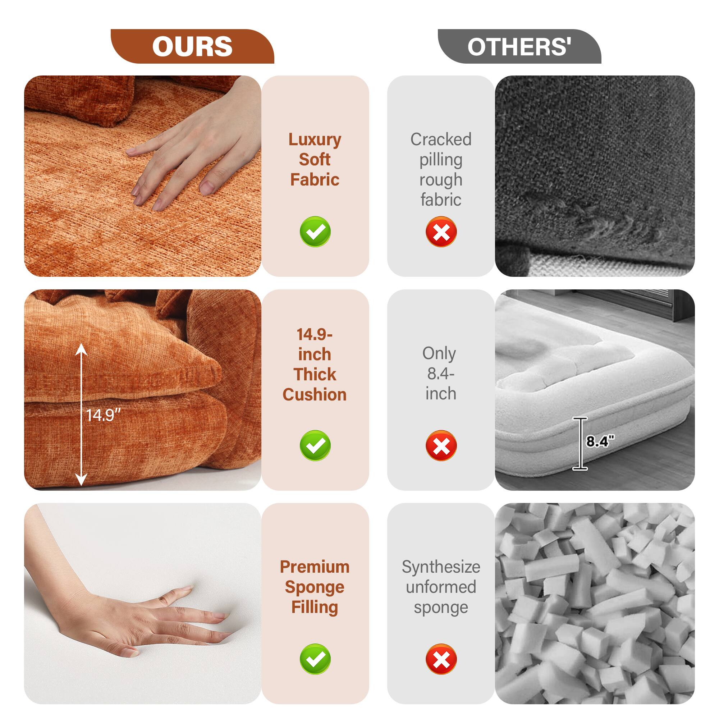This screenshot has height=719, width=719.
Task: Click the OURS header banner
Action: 192,46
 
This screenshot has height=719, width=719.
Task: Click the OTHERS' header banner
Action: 519,46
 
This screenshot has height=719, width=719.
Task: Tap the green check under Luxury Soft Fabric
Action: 315,232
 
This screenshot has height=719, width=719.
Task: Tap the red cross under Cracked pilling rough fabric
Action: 441,232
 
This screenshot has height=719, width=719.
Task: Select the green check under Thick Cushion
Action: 315,445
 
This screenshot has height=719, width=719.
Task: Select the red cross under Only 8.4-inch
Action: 441,445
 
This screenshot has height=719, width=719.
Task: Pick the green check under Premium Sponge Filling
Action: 315,659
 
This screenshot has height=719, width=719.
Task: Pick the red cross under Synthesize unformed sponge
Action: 441,659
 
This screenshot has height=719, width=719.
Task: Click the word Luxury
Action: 315,139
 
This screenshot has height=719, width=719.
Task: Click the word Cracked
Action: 441,139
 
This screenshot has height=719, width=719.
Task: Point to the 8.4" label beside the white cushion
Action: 600,441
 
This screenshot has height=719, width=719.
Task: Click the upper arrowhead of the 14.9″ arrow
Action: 82,349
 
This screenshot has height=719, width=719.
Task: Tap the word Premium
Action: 315,567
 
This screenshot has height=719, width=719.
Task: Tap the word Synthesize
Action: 441,567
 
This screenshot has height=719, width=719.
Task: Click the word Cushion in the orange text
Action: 315,394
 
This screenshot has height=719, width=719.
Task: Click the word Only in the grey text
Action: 439,353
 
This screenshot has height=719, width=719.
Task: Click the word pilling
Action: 441,160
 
